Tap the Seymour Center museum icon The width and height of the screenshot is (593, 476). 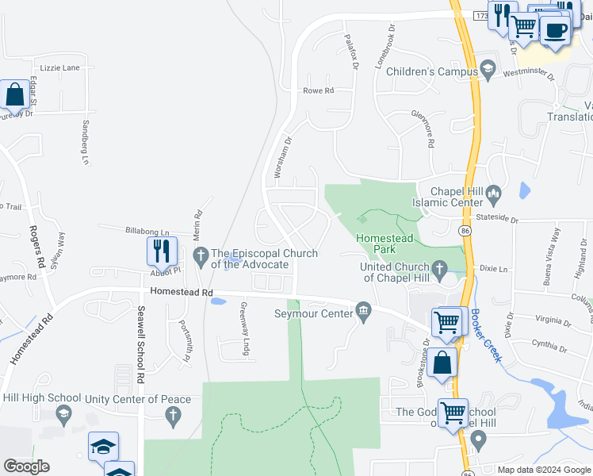tap(365, 309)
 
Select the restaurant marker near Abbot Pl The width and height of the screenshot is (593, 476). tap(162, 251)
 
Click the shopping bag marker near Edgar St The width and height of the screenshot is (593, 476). tap(15, 95)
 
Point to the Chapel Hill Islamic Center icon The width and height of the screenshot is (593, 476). tap(494, 192)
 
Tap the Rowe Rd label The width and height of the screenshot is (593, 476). tap(319, 91)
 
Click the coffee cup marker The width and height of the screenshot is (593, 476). tap(555, 30)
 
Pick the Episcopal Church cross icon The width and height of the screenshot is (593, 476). tap(200, 254)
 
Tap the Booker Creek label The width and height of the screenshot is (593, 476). tap(485, 335)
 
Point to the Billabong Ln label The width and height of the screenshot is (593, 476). tap(147, 231)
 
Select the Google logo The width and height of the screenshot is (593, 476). tap(26, 466)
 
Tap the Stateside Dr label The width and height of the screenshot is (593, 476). tap(496, 220)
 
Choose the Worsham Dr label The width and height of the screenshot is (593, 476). tap(283, 157)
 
